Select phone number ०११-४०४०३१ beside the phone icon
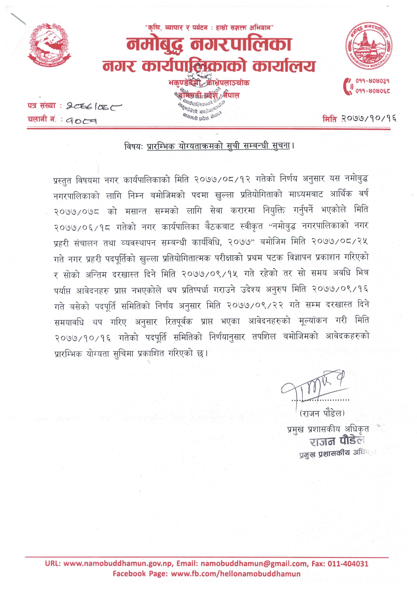pyautogui.click(x=373, y=81)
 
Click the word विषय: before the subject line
pyautogui.click(x=133, y=146)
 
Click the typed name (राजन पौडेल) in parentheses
pyautogui.click(x=322, y=413)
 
